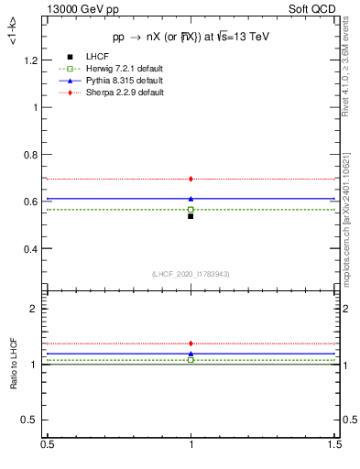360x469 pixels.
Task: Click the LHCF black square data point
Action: click(x=191, y=216)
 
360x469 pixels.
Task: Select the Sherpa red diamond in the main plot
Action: click(x=191, y=179)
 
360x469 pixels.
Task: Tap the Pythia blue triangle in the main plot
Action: click(x=191, y=198)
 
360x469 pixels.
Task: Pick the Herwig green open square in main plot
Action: click(x=191, y=210)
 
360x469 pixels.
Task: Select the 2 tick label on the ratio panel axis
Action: click(x=37, y=309)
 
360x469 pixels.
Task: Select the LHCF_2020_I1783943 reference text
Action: click(x=191, y=274)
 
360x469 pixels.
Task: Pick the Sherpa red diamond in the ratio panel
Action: click(x=191, y=344)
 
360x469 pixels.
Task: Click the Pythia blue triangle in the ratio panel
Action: click(x=191, y=353)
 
